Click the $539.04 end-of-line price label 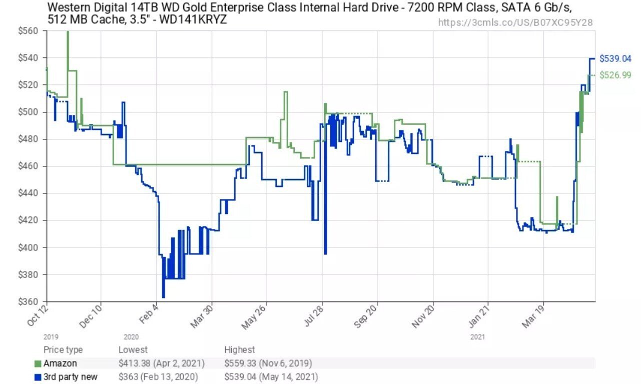point(615,58)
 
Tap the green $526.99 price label point(615,75)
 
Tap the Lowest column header point(133,350)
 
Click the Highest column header point(240,350)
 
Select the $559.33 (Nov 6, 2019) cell point(268,363)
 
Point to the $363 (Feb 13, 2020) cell point(158,376)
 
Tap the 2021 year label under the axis point(477,337)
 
